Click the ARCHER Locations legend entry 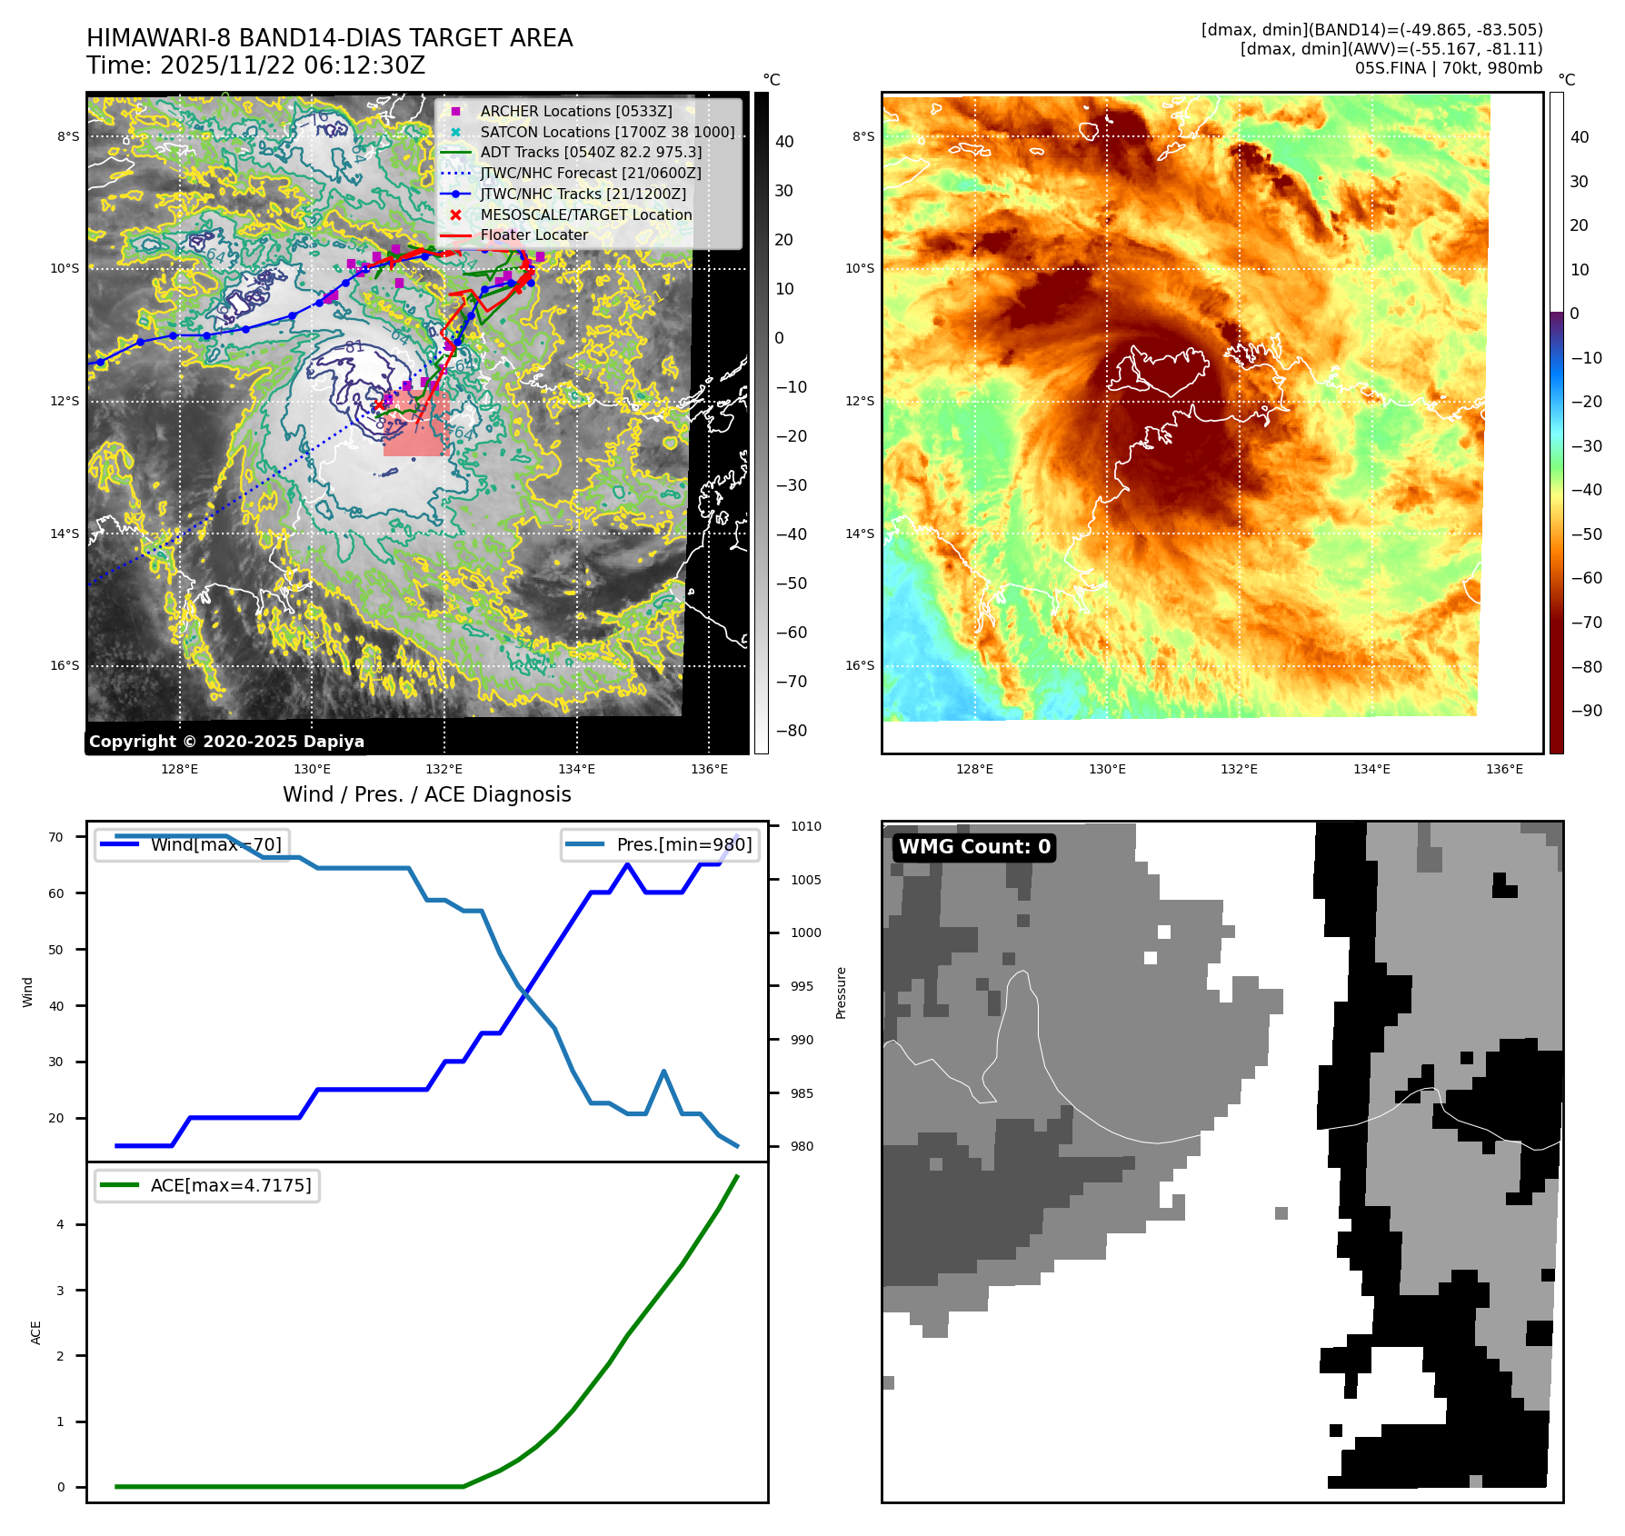[576, 111]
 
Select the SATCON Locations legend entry [607, 132]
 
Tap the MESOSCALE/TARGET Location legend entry [585, 214]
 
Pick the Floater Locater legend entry [533, 234]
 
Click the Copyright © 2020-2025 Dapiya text [226, 742]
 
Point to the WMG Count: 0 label [974, 847]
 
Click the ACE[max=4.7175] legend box [207, 1185]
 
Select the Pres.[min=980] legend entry [661, 844]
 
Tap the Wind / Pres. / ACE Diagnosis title [426, 794]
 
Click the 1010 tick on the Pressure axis [805, 826]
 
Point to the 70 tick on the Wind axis [56, 837]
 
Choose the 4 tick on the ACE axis [61, 1224]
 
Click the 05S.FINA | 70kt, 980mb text [1448, 68]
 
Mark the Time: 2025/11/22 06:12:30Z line [255, 65]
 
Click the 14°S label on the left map [65, 534]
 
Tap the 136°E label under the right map [1504, 769]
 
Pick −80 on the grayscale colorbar [791, 731]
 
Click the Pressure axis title [842, 992]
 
